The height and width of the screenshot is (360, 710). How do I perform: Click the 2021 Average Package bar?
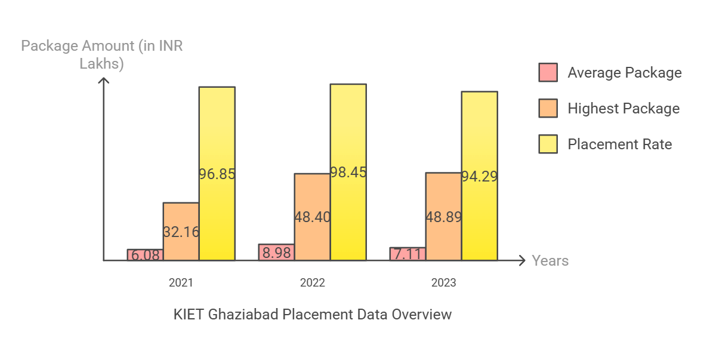(x=145, y=255)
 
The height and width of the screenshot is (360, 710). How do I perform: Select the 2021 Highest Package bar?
(x=181, y=232)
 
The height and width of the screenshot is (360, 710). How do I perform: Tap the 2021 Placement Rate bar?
(x=217, y=174)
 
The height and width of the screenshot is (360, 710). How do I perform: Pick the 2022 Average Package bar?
(x=276, y=253)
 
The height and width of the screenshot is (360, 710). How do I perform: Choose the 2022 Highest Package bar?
(x=312, y=217)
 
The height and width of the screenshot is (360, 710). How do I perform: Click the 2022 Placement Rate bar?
(x=348, y=172)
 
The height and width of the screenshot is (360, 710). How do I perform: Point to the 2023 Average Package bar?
(x=408, y=254)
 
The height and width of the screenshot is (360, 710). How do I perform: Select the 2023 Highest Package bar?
(x=443, y=216)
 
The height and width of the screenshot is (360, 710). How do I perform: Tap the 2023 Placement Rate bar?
(x=479, y=176)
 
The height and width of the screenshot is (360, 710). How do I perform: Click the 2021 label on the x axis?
(x=181, y=283)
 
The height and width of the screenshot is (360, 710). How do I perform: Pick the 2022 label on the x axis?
(x=312, y=283)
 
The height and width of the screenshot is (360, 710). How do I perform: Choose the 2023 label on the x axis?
(x=443, y=283)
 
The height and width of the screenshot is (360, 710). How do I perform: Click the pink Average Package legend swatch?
(x=548, y=72)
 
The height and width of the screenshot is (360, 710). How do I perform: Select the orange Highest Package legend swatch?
(x=548, y=108)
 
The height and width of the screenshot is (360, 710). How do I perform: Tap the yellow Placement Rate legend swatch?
(x=548, y=144)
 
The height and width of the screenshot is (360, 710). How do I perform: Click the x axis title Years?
(x=550, y=261)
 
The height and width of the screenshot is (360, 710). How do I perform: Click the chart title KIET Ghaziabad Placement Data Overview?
(x=313, y=314)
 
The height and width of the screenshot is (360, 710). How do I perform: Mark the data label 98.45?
(x=348, y=173)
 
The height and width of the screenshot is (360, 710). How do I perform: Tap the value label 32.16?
(x=181, y=232)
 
